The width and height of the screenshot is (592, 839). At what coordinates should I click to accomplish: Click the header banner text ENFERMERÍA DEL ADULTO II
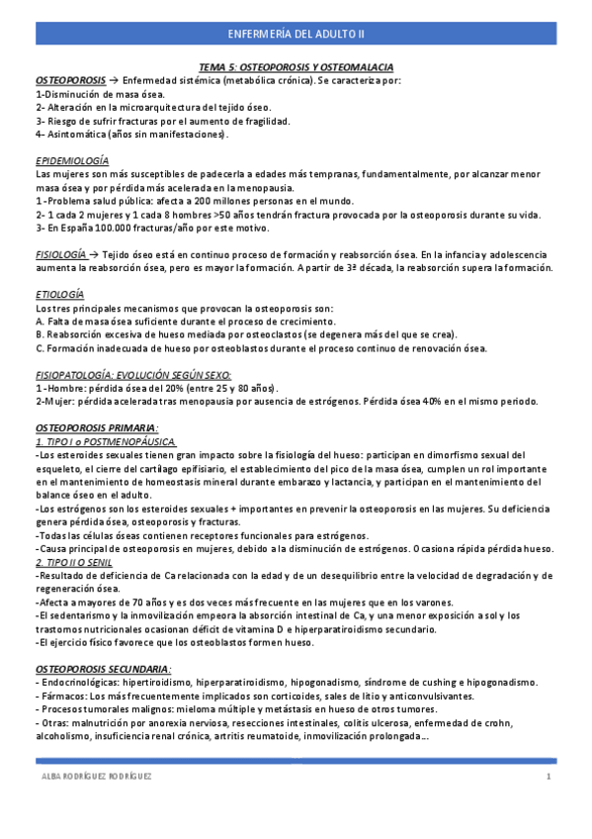pos(296,34)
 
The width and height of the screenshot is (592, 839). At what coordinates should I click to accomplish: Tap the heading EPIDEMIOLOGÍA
pos(72,160)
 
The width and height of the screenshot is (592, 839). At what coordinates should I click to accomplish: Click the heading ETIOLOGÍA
pos(59,295)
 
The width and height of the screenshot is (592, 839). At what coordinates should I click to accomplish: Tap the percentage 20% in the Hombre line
pos(170,388)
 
